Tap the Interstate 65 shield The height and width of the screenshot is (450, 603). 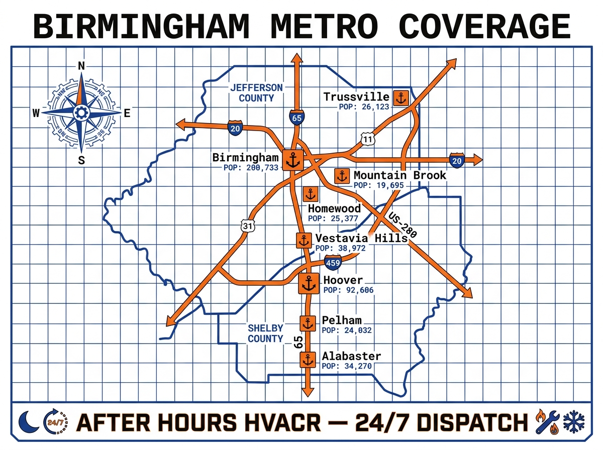pyautogui.click(x=296, y=118)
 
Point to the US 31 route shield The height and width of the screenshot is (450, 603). pyautogui.click(x=247, y=226)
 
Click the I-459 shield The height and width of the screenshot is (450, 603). pyautogui.click(x=333, y=262)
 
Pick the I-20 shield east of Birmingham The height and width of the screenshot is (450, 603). pyautogui.click(x=456, y=161)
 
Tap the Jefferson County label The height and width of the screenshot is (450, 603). pyautogui.click(x=256, y=93)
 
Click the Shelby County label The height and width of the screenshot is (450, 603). pyautogui.click(x=265, y=333)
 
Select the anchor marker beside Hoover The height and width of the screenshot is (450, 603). pyautogui.click(x=307, y=284)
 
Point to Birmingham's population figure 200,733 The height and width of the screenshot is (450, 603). pyautogui.click(x=251, y=168)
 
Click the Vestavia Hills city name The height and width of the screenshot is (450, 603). pyautogui.click(x=361, y=238)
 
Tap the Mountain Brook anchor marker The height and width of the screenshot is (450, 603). pyautogui.click(x=342, y=176)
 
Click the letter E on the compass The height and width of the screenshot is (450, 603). pyautogui.click(x=127, y=114)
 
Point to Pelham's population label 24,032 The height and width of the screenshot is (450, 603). pyautogui.click(x=347, y=330)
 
